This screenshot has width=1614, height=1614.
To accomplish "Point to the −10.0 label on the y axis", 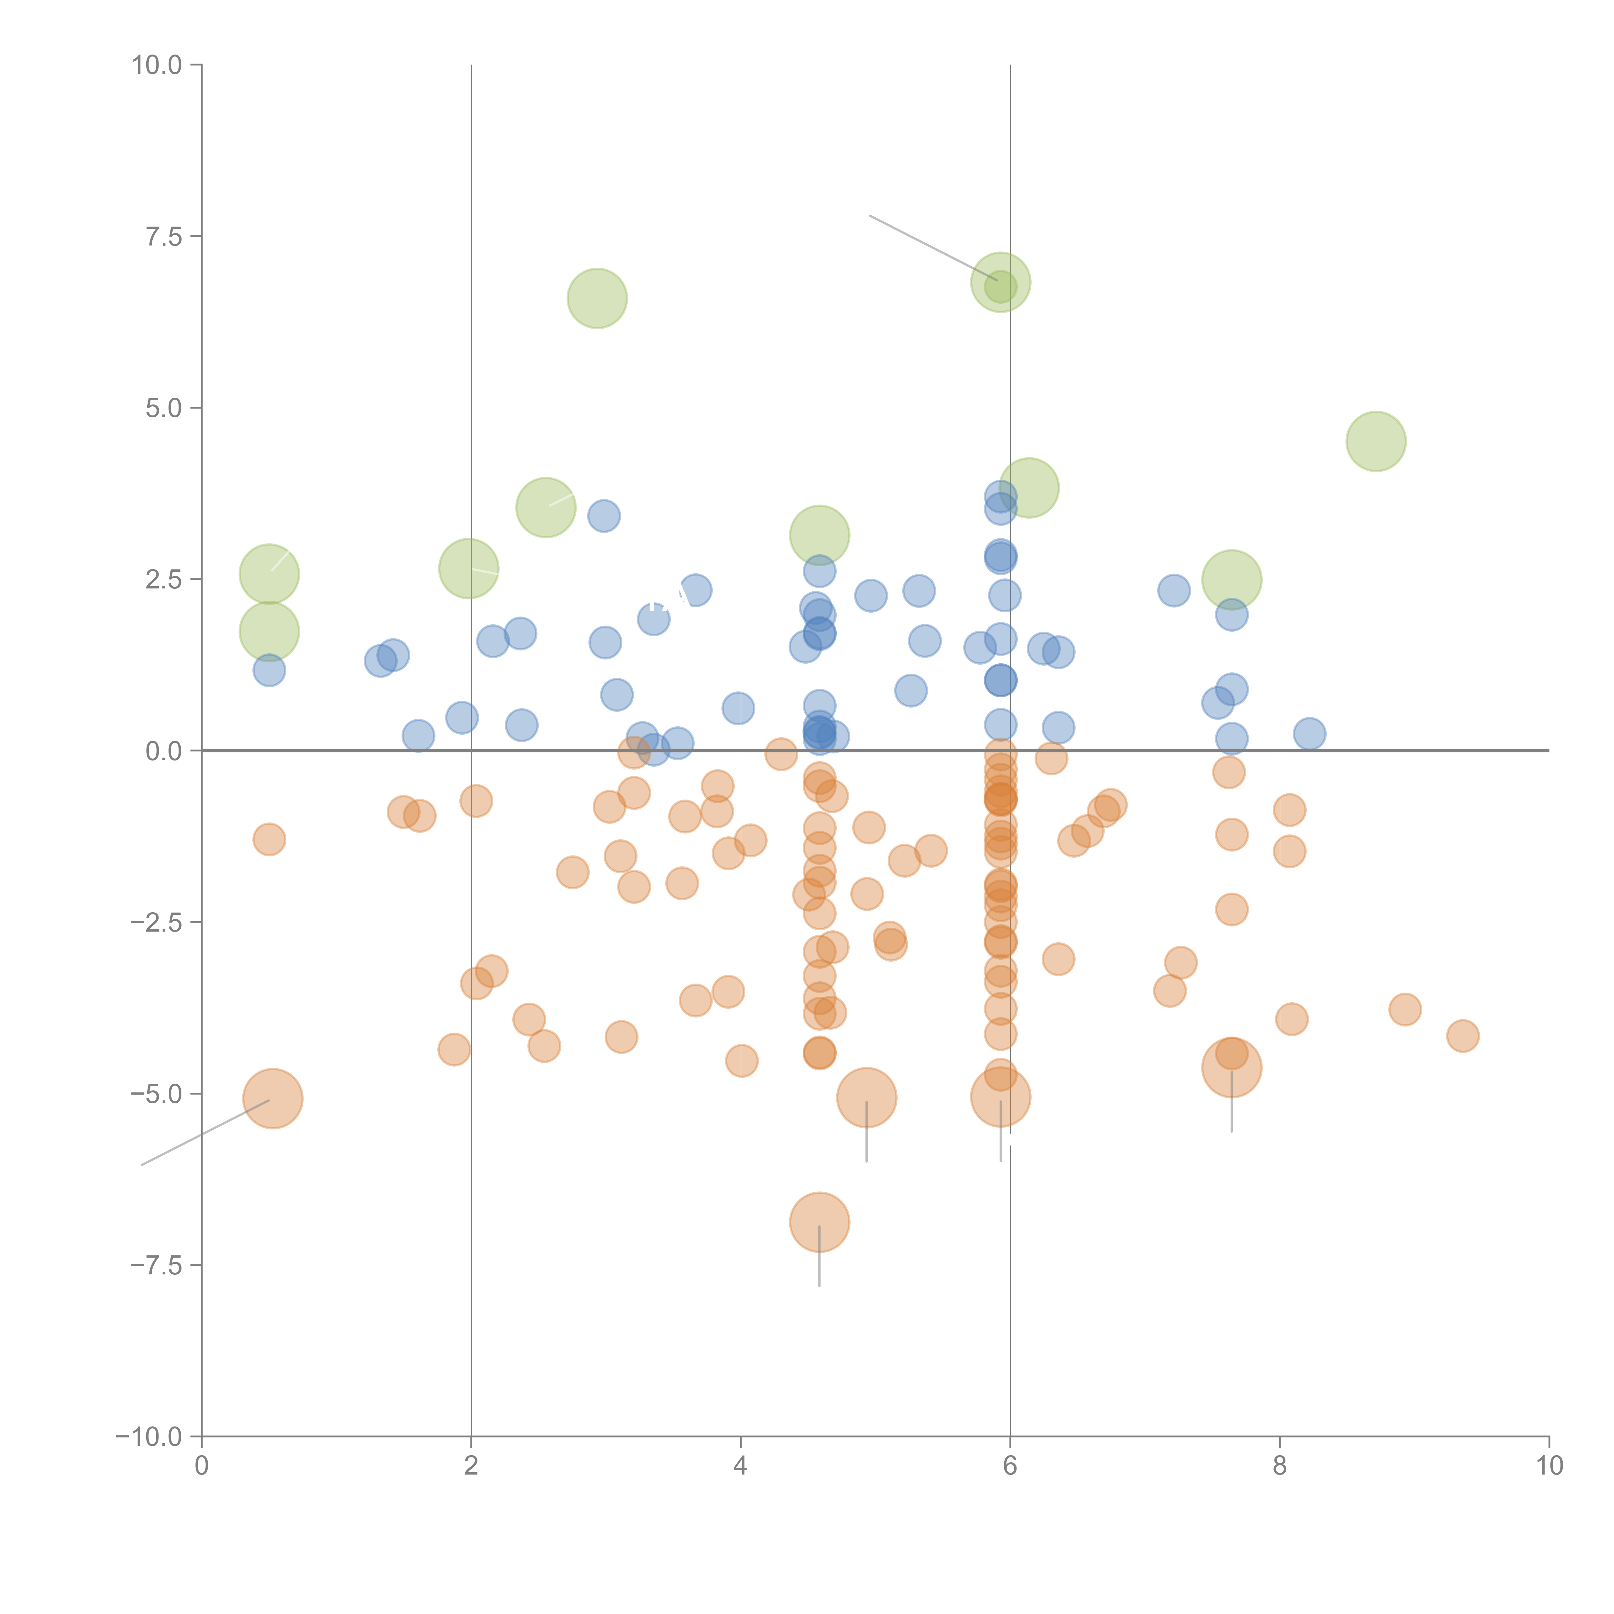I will (149, 1437).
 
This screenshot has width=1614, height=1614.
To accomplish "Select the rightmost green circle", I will (1376, 441).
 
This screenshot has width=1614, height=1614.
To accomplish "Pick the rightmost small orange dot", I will (1463, 1036).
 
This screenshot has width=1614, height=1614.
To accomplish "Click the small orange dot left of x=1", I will (269, 839).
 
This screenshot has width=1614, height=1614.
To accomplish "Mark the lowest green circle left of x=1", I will (269, 632).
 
